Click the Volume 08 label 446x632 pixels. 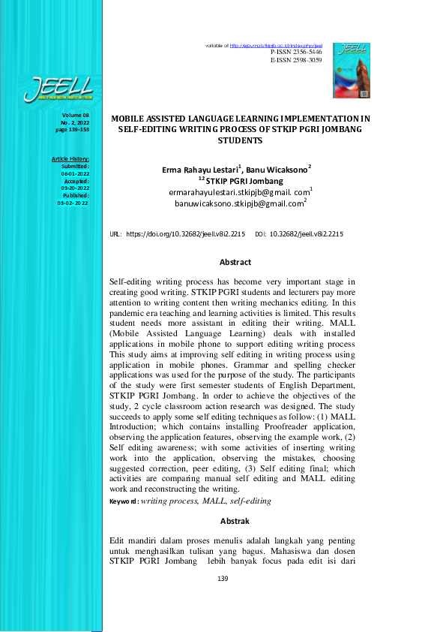tap(76, 115)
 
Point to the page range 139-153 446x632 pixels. tap(73, 130)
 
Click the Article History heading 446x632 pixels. tap(70, 159)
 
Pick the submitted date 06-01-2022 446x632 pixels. tap(75, 173)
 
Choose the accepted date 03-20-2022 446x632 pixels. tap(75, 188)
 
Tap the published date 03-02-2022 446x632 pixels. tap(73, 203)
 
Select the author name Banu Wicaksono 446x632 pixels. tap(277, 170)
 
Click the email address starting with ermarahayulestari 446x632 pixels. tap(240, 192)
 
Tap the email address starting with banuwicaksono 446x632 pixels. tap(239, 203)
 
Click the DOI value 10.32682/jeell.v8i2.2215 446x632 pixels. tap(306, 235)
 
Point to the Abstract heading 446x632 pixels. tap(235, 263)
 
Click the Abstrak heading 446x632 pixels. tap(235, 520)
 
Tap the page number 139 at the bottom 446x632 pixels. tap(222, 579)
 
